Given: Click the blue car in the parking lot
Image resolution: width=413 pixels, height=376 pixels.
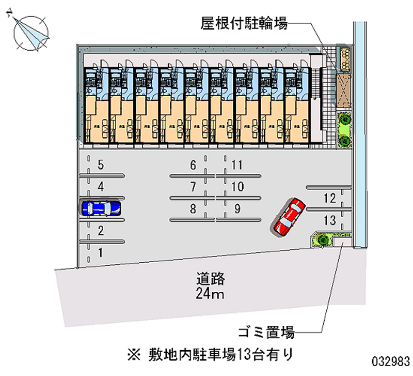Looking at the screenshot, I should tap(101, 208).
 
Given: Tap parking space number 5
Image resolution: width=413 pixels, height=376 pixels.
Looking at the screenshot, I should tap(101, 166).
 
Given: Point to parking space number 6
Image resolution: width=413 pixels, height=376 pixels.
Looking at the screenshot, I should tap(193, 166).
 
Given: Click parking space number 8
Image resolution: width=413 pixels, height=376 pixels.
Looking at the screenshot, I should tap(193, 209).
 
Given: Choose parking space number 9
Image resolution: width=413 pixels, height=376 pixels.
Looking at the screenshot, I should tap(237, 209).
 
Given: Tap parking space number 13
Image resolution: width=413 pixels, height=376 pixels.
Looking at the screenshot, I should tap(329, 221).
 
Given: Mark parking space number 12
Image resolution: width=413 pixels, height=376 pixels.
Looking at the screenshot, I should tap(329, 198).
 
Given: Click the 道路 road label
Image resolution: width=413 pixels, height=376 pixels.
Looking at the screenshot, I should tap(211, 279).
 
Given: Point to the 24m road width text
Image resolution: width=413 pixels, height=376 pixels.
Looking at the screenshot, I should tap(211, 295).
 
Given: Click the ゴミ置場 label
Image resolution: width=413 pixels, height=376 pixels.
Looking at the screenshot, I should tap(266, 332).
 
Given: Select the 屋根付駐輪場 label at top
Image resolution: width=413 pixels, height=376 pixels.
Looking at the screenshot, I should tap(244, 23).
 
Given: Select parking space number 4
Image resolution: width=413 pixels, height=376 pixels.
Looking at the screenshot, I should tap(101, 187).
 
